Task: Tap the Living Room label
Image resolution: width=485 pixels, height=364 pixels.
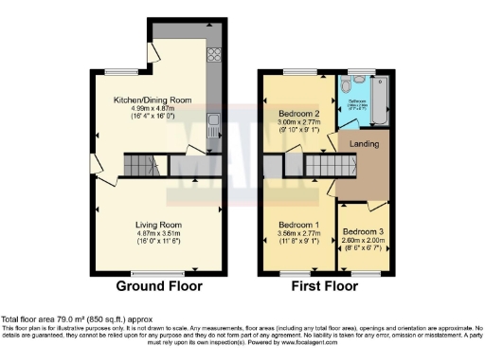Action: (x=157, y=225)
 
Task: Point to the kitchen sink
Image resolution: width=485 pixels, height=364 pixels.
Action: (x=214, y=120)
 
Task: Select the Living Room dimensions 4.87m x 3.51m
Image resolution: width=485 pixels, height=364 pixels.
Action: (x=157, y=233)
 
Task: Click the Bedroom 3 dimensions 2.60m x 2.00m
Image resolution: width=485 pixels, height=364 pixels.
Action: (x=361, y=241)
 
